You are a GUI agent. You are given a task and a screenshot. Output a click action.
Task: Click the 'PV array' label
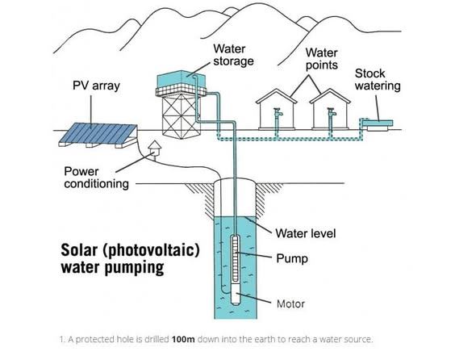pyautogui.click(x=96, y=86)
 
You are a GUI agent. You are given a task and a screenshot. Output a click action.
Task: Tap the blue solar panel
pyautogui.click(x=98, y=132)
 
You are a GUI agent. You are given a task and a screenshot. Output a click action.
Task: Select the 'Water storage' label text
pyautogui.click(x=233, y=55)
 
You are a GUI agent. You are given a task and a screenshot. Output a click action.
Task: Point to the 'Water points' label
pyautogui.click(x=321, y=59)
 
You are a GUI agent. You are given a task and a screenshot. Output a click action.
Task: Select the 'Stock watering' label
pyautogui.click(x=378, y=79)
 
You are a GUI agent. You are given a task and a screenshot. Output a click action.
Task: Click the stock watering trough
pyautogui.click(x=378, y=124)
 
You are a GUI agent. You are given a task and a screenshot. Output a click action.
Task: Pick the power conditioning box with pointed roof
pyautogui.click(x=155, y=149)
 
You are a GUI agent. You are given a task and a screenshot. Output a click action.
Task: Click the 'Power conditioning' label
pyautogui.click(x=96, y=178)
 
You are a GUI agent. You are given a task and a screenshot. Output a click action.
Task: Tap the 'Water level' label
pyautogui.click(x=306, y=233)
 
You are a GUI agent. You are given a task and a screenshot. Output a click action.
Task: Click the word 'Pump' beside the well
pyautogui.click(x=292, y=258)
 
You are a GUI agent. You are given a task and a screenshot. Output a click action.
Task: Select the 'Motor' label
pyautogui.click(x=290, y=303)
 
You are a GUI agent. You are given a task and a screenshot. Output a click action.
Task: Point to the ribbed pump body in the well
pyautogui.click(x=236, y=257)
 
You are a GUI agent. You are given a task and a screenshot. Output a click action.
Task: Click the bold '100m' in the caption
pyautogui.click(x=183, y=339)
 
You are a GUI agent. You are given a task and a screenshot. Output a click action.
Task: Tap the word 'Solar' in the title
pyautogui.click(x=79, y=250)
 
